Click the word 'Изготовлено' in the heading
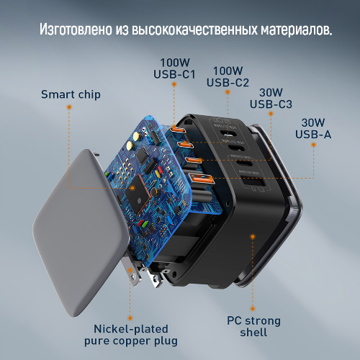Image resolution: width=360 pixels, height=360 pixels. coord(76,30)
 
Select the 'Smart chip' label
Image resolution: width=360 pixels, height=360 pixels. coord(71,94)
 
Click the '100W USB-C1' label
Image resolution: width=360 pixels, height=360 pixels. coord(174,68)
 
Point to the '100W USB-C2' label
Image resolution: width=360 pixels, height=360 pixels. coord(228,76)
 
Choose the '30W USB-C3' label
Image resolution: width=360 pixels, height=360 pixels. coord(271,99)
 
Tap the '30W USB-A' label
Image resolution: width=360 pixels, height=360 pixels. coord(313,129)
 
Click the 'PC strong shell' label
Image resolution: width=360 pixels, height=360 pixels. coord(253,327)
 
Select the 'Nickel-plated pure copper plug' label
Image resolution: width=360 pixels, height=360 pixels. coord(131,335)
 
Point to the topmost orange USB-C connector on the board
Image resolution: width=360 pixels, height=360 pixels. coord(178,130)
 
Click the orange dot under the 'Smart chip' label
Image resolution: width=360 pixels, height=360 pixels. coord(69,107)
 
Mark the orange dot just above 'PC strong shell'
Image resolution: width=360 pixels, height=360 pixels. coord(253,309)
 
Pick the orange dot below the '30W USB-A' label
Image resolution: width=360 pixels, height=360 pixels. coord(313,145)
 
